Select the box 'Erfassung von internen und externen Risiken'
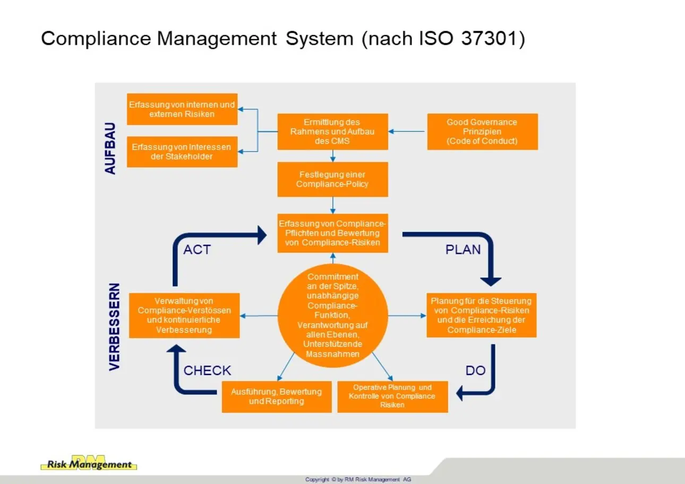[182, 110]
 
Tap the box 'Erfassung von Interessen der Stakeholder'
[182, 152]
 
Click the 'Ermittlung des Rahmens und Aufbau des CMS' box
[332, 131]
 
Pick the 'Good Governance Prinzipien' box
[482, 131]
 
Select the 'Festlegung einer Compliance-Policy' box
[332, 179]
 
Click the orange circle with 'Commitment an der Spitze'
[333, 315]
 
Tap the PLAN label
[463, 249]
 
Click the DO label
[475, 371]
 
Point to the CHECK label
[207, 371]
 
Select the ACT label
[196, 249]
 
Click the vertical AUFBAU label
[110, 148]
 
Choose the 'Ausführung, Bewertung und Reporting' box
[277, 396]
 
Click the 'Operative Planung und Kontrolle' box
[392, 396]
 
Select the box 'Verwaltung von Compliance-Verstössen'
[184, 315]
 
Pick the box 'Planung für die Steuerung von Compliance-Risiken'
[481, 315]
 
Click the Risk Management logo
[89, 463]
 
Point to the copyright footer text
[358, 479]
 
